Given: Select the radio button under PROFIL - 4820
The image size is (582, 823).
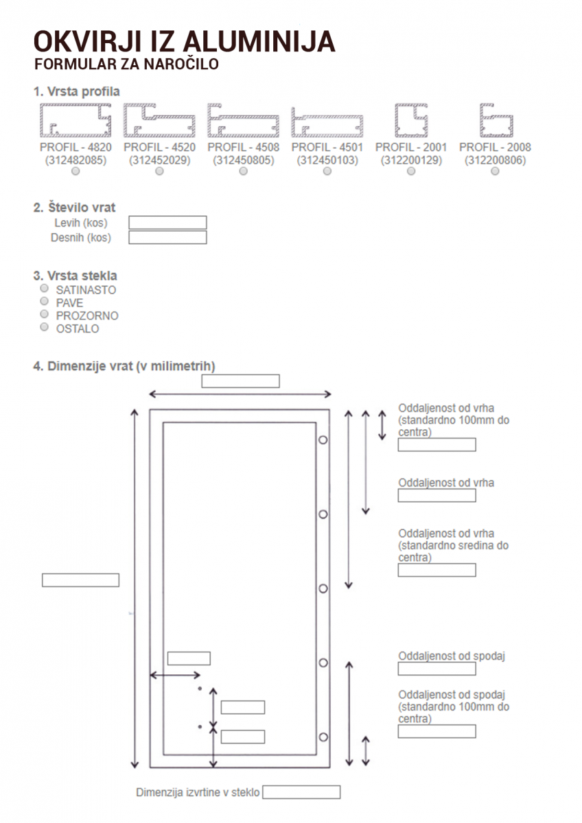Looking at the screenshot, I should pyautogui.click(x=75, y=172).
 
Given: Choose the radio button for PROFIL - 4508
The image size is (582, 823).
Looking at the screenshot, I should pyautogui.click(x=243, y=172).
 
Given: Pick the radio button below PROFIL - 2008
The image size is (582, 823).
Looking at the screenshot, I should pyautogui.click(x=495, y=172).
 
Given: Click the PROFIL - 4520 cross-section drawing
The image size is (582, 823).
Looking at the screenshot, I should pyautogui.click(x=159, y=121).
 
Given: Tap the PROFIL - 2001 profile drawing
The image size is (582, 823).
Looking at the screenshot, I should pyautogui.click(x=411, y=121).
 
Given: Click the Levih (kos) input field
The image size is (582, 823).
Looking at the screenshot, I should pyautogui.click(x=167, y=222).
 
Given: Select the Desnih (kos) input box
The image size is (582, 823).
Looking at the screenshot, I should pyautogui.click(x=167, y=237).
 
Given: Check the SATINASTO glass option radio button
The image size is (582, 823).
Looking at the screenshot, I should pyautogui.click(x=45, y=289).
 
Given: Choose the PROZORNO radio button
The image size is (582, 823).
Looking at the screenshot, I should pyautogui.click(x=45, y=315).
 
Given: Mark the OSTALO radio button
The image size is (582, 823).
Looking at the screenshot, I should pyautogui.click(x=45, y=327).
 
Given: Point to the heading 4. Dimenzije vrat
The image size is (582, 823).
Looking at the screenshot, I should pyautogui.click(x=129, y=366).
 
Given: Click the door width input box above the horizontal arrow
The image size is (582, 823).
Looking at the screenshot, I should pyautogui.click(x=240, y=381).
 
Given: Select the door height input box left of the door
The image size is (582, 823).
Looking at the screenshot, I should pyautogui.click(x=80, y=580).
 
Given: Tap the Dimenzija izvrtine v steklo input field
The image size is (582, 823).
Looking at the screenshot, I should pyautogui.click(x=301, y=792).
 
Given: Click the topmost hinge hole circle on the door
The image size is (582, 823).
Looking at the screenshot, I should pyautogui.click(x=323, y=440).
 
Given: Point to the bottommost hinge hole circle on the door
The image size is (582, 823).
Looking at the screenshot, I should pyautogui.click(x=323, y=737).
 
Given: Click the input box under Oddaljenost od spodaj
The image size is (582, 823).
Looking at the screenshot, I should pyautogui.click(x=436, y=669).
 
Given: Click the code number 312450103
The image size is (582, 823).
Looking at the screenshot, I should pyautogui.click(x=327, y=160).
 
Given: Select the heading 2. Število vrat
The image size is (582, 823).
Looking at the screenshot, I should pyautogui.click(x=74, y=207).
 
